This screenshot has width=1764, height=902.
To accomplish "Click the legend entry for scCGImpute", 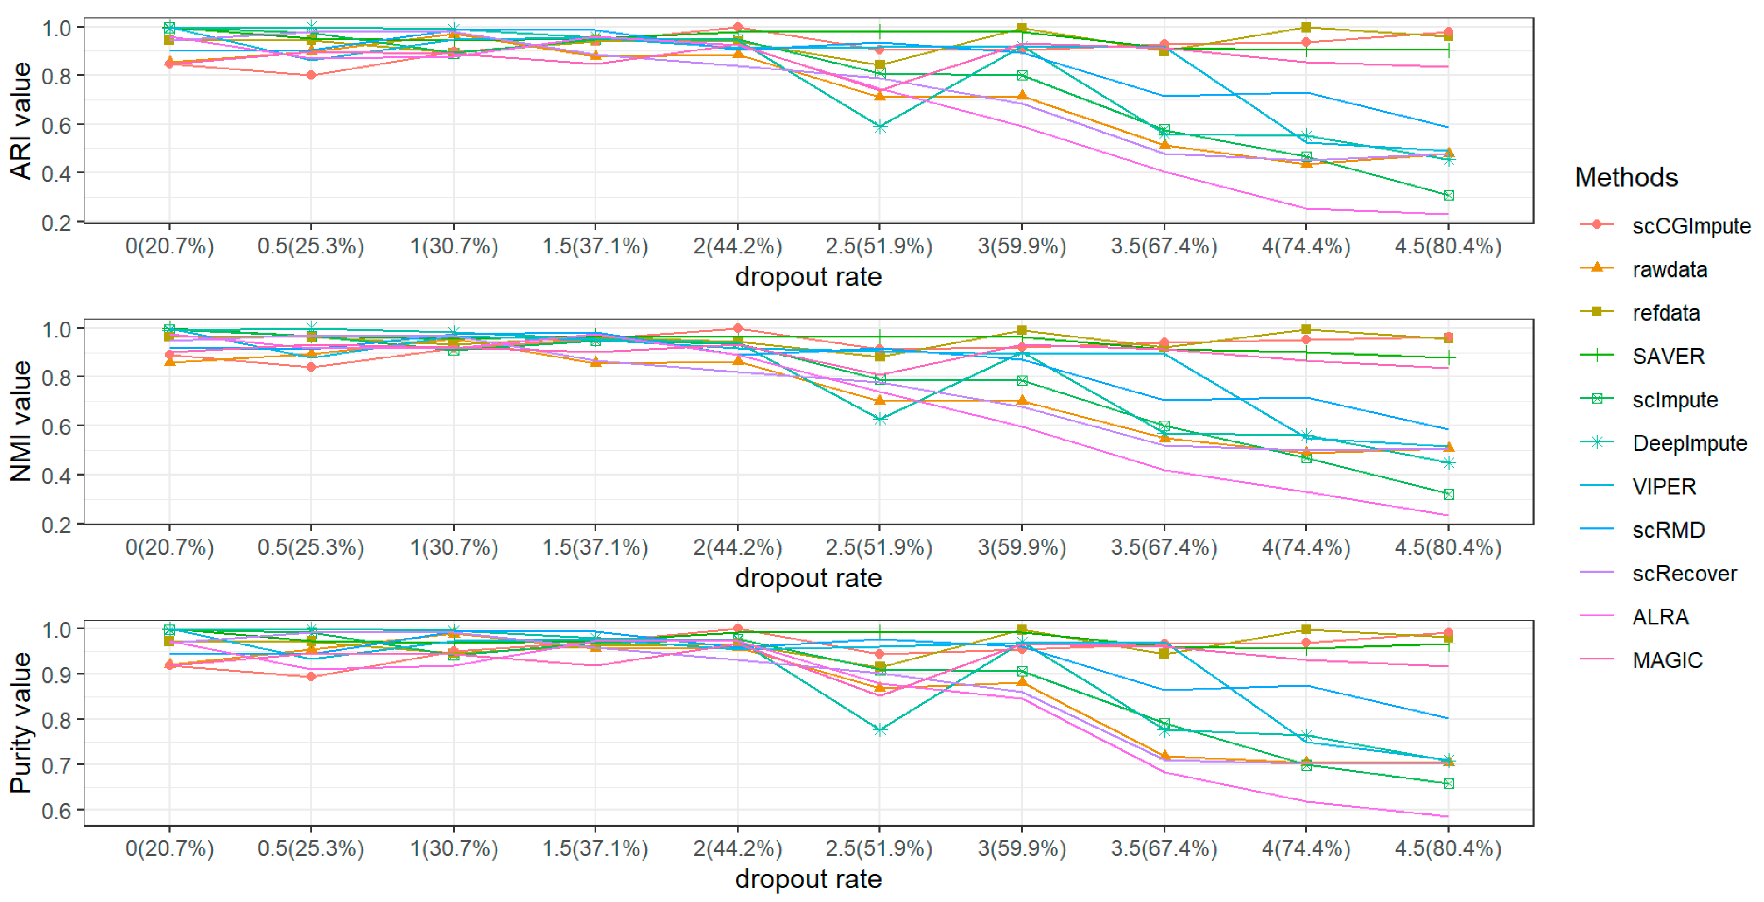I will [x=1690, y=226].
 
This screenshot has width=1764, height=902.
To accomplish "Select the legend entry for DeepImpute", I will [x=1689, y=443].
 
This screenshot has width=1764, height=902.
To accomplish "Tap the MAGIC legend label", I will [x=1667, y=660].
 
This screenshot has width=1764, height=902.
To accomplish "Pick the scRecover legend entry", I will [x=1684, y=573].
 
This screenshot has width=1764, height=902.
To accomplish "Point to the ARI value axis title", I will [x=20, y=120].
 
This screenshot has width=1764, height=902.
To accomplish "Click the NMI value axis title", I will [x=20, y=421].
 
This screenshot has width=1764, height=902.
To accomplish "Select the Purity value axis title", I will [x=20, y=723].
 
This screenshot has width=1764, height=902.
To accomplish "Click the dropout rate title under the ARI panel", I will [x=808, y=277].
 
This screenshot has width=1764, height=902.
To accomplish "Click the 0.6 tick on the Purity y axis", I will [x=56, y=811].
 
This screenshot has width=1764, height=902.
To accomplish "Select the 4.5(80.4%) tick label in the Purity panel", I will [x=1447, y=848].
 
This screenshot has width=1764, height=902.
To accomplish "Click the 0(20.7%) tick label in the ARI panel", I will [x=170, y=246].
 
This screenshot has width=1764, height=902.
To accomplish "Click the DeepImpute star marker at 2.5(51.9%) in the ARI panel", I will [x=880, y=127].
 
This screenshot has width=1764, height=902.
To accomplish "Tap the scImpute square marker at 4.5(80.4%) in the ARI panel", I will [x=1448, y=196].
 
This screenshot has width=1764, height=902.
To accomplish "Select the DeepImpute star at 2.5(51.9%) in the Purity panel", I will [x=880, y=730].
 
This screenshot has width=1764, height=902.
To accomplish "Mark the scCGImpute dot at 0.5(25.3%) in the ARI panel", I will [x=312, y=74].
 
